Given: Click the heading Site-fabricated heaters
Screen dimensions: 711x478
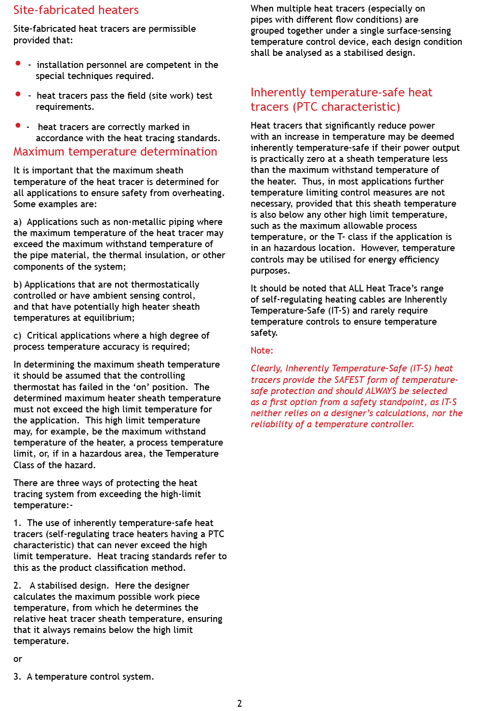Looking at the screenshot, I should (x=76, y=10).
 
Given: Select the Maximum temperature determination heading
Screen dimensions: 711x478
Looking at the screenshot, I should (x=115, y=152).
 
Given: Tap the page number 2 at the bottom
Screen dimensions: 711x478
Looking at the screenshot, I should (x=239, y=703).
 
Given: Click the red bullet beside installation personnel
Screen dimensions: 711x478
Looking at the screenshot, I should (x=18, y=63).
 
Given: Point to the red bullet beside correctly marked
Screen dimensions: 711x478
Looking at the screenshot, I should (x=18, y=125).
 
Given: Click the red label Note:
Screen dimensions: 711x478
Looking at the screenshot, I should (x=262, y=351).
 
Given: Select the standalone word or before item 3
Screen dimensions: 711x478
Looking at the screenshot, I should (x=18, y=659).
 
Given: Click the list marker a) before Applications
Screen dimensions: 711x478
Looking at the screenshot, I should (x=17, y=222).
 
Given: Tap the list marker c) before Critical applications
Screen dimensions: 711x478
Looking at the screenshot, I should (x=17, y=336).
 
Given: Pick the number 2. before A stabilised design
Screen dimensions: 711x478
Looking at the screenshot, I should (x=17, y=586).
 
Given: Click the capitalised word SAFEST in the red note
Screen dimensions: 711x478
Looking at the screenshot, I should (x=349, y=380).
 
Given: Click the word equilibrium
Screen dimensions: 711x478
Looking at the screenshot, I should (x=108, y=318).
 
